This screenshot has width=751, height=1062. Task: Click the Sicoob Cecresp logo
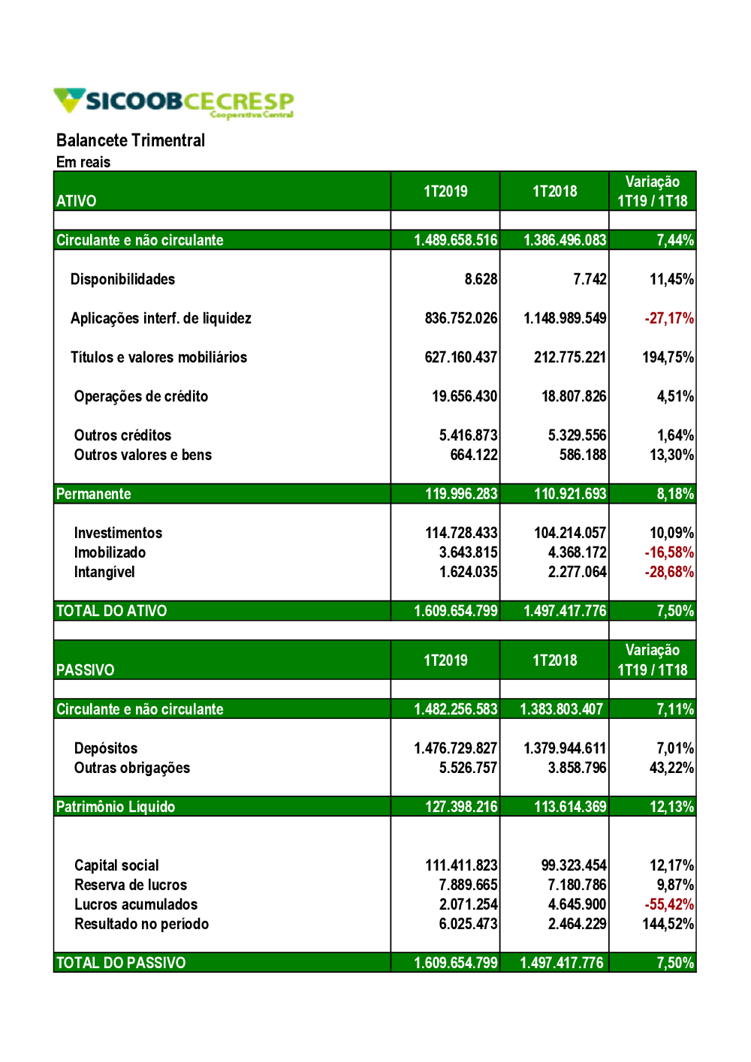point(173,102)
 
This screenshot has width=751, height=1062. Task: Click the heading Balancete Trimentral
point(131,140)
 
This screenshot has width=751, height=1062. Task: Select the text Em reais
point(83,162)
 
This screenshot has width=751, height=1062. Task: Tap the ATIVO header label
point(77,201)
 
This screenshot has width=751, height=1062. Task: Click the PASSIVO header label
point(86,670)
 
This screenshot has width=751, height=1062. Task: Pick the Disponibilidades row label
point(122,279)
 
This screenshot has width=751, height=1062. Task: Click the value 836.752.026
point(460,318)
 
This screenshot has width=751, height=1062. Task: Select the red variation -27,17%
point(668,318)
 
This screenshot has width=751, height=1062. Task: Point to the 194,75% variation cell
point(668,357)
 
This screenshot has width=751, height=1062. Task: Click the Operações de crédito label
point(141,396)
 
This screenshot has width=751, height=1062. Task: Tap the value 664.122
point(473,455)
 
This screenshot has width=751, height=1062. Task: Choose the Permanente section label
point(94,494)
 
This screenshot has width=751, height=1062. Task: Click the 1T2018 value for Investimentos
point(569,533)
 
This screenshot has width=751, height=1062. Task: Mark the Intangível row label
point(104,572)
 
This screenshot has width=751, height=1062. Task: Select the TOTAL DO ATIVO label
point(112,611)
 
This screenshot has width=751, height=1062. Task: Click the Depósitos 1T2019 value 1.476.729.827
point(455,748)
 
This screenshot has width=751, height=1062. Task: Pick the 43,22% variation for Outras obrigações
point(671,768)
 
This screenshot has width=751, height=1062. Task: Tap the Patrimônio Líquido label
point(116,807)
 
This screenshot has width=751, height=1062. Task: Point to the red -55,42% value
point(668,904)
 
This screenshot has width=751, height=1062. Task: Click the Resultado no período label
point(141,924)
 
